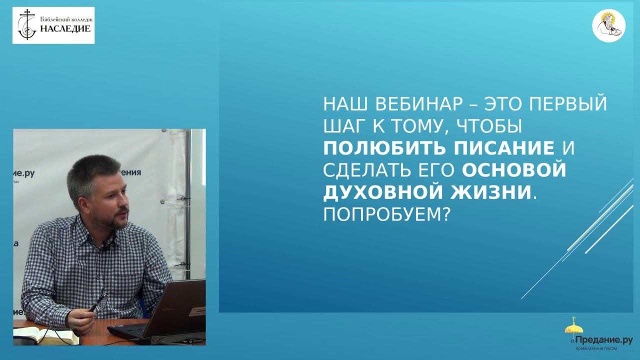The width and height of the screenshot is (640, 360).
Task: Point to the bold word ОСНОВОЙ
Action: click(514, 170)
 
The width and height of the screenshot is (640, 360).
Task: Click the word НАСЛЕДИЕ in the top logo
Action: click(65, 28)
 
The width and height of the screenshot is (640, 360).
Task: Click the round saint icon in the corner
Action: click(608, 25)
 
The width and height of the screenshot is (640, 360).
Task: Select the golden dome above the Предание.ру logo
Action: click(573, 327)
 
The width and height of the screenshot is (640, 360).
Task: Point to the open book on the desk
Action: click(45, 335)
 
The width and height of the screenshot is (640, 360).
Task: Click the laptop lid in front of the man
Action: click(175, 307)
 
